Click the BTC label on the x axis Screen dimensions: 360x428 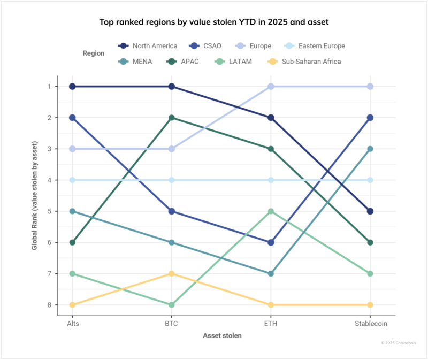171,324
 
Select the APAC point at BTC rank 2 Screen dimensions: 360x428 171,118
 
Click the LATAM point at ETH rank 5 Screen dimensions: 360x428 271,211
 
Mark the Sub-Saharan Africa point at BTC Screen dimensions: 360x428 171,274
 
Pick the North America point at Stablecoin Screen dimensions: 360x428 371,211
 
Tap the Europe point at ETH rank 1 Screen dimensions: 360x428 271,86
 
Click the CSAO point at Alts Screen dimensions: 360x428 72,118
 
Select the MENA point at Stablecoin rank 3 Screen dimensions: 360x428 371,149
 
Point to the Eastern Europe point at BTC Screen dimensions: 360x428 171,180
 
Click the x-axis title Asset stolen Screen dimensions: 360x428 221,336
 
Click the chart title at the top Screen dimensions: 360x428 214,22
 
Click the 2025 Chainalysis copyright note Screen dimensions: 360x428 398,342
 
